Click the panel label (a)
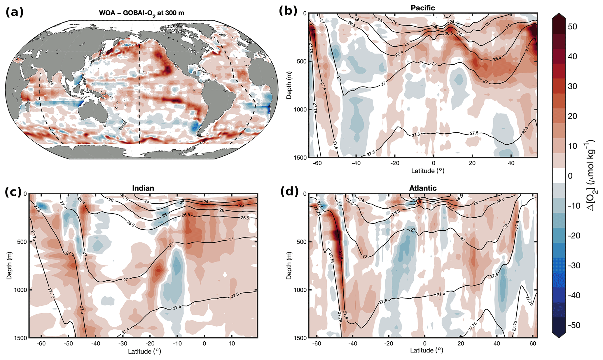click(x=14, y=12)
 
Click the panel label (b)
click(x=288, y=11)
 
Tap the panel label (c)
click(x=13, y=192)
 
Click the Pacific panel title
click(x=423, y=8)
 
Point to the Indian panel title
click(x=143, y=188)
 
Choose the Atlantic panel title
click(x=423, y=188)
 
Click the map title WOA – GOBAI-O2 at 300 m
click(x=141, y=13)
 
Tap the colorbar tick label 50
click(x=572, y=27)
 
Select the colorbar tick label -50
click(x=574, y=325)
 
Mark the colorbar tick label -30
click(x=574, y=265)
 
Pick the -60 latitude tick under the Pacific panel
click(x=317, y=163)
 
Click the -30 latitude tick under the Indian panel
click(x=123, y=344)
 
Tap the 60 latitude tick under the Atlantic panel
click(x=533, y=344)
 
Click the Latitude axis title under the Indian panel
click(x=144, y=352)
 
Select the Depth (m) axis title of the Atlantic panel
click(x=289, y=266)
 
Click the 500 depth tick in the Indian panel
click(x=22, y=242)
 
